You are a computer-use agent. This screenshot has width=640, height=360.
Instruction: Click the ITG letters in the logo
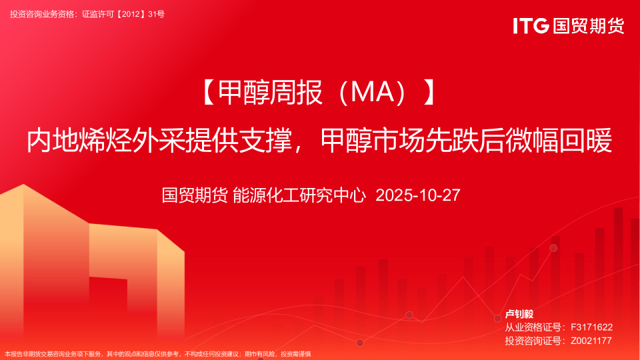[531, 26]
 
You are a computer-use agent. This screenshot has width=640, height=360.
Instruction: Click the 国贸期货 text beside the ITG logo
[589, 26]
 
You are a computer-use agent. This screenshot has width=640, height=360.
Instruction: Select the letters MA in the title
[372, 92]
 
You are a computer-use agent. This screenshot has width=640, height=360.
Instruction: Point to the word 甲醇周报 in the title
[271, 92]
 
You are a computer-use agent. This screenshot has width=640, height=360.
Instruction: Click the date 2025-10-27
[418, 195]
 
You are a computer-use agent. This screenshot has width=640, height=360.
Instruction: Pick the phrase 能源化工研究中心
[299, 195]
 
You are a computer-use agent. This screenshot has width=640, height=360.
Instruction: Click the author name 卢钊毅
[519, 314]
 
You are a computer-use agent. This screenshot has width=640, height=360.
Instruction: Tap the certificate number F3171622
[591, 327]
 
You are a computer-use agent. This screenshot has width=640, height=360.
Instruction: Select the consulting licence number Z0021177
[591, 341]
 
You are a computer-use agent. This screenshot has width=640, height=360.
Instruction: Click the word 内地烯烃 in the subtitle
[79, 141]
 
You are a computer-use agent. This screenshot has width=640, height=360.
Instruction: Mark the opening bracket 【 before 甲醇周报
[208, 92]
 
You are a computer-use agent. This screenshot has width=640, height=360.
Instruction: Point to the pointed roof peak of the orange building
[23, 185]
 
